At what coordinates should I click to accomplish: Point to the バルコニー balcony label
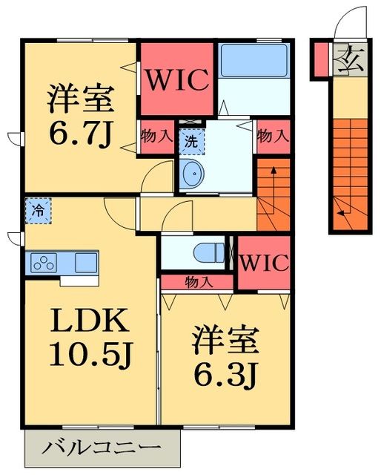click(x=102, y=448)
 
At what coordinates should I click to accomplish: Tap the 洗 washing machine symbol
click(x=190, y=139)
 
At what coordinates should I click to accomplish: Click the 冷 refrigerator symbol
click(x=36, y=209)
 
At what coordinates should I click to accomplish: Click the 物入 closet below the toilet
click(x=197, y=282)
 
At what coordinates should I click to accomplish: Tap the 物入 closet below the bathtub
click(x=272, y=137)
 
